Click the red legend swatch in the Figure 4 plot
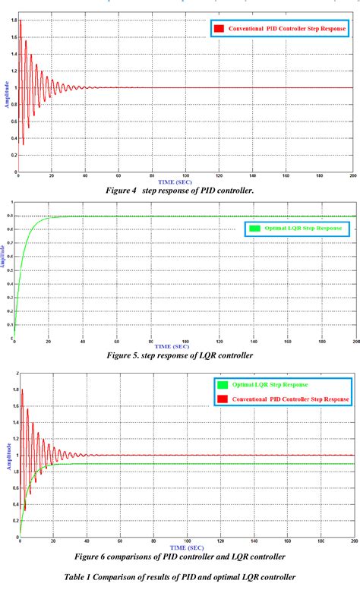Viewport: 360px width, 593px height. coord(219,29)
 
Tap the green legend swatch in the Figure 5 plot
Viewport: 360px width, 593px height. coord(254,228)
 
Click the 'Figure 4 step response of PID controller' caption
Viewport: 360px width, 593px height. coord(180,191)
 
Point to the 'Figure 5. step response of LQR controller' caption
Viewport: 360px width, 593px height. coord(180,354)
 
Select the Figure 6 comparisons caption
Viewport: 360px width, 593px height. coord(180,535)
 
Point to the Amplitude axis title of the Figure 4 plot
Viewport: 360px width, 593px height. coord(7,96)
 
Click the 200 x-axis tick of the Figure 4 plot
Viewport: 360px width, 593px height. coord(352,175)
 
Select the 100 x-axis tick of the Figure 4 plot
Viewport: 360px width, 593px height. coord(185,175)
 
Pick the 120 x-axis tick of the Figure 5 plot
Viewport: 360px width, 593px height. coord(218,343)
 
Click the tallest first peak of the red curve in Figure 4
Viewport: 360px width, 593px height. coord(21,21)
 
